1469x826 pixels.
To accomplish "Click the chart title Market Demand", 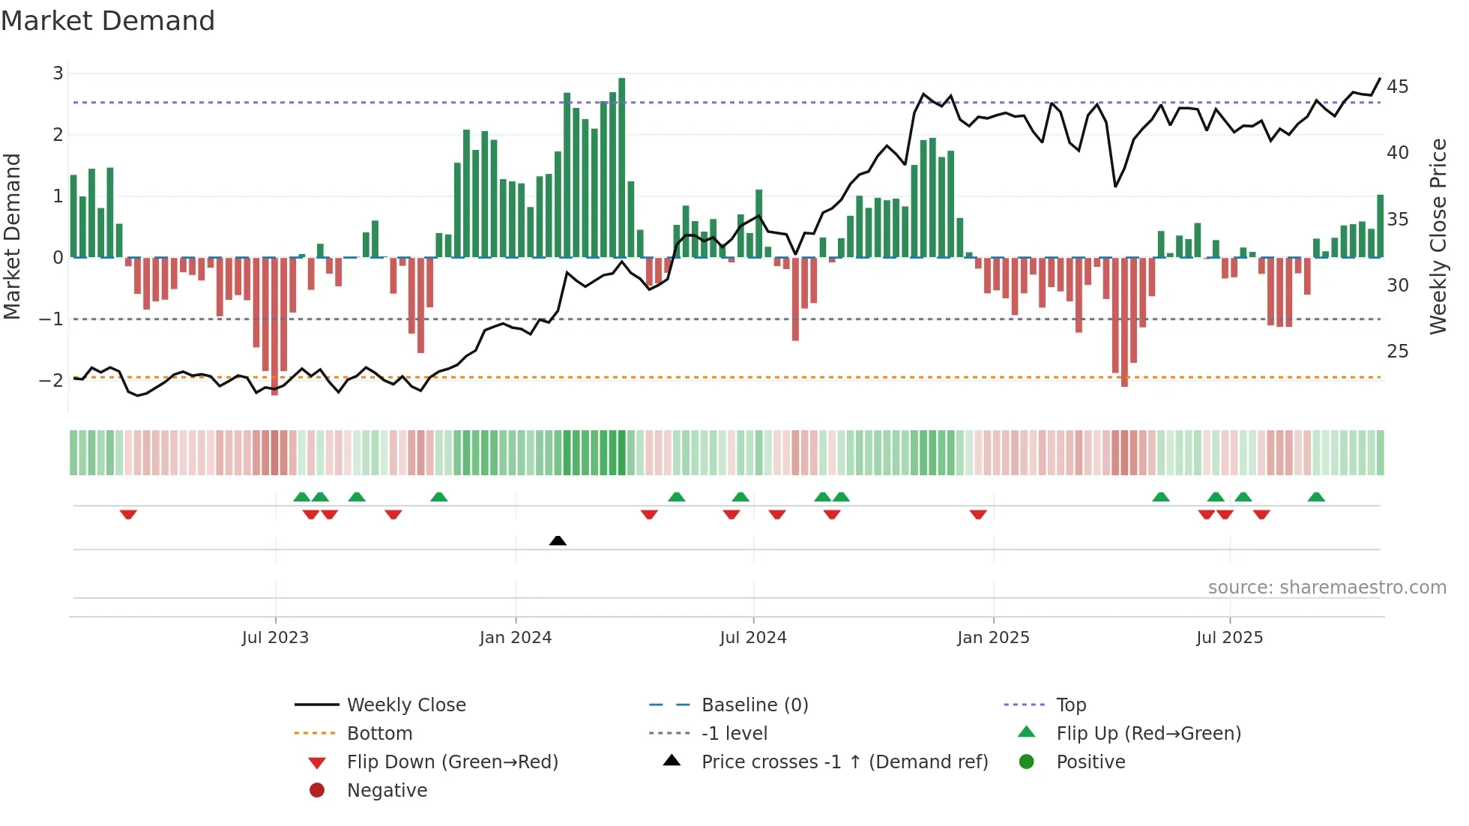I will (x=108, y=21).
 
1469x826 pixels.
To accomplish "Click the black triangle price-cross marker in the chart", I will (x=558, y=540).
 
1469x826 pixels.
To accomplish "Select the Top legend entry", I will (x=1070, y=705).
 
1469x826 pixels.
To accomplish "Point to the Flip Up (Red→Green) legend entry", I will (x=1148, y=734).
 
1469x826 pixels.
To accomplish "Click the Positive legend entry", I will (x=1090, y=762).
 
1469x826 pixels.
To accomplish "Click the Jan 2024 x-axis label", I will (x=516, y=638).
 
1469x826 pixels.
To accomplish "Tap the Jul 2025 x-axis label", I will (x=1229, y=638).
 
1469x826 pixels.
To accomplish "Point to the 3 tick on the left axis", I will (x=58, y=73).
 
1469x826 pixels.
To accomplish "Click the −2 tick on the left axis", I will (x=52, y=381).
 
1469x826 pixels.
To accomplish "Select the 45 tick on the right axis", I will (x=1397, y=87).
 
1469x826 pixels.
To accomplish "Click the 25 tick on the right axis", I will (x=1397, y=352).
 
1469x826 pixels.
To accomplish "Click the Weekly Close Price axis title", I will (x=1438, y=236).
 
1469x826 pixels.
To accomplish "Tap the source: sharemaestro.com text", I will (x=1327, y=588).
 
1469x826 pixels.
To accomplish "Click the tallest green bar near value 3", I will (x=621, y=168).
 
